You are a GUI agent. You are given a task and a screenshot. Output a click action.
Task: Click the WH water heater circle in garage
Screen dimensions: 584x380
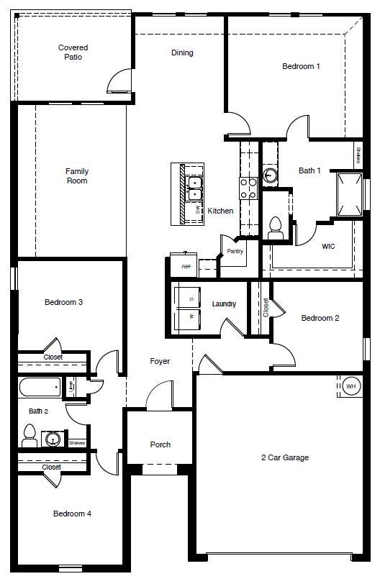pos(351,386)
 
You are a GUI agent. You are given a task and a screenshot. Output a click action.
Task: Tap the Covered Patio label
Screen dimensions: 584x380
pos(73,53)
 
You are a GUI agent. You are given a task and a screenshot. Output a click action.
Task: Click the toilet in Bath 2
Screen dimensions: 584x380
pos(30,434)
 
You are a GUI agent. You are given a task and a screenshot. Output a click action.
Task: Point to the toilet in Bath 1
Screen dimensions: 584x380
pos(274,228)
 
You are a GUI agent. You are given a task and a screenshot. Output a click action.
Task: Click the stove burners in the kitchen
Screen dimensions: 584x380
pos(248,188)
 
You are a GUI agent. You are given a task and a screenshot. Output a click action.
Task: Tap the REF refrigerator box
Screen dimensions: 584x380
pos(186,266)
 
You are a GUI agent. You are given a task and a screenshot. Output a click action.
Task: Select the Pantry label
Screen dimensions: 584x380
pos(235,252)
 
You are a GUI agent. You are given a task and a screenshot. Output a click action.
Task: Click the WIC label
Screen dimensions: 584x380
pos(328,246)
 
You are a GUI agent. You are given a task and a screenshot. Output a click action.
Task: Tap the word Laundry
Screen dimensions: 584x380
pos(224,304)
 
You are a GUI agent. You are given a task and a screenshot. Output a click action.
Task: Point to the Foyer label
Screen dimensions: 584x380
pos(160,361)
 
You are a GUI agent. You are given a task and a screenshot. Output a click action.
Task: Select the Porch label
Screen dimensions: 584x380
pos(160,444)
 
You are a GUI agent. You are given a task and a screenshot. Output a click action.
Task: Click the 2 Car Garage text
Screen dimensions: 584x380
pos(285,457)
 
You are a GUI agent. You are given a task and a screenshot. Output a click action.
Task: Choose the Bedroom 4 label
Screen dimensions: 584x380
pos(72,514)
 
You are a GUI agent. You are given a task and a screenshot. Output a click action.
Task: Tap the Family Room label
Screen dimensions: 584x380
pos(77,176)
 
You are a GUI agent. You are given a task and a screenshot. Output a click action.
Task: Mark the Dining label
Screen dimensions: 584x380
pos(182,53)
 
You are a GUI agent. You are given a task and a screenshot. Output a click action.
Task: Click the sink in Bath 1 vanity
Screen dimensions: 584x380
pos(270,175)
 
